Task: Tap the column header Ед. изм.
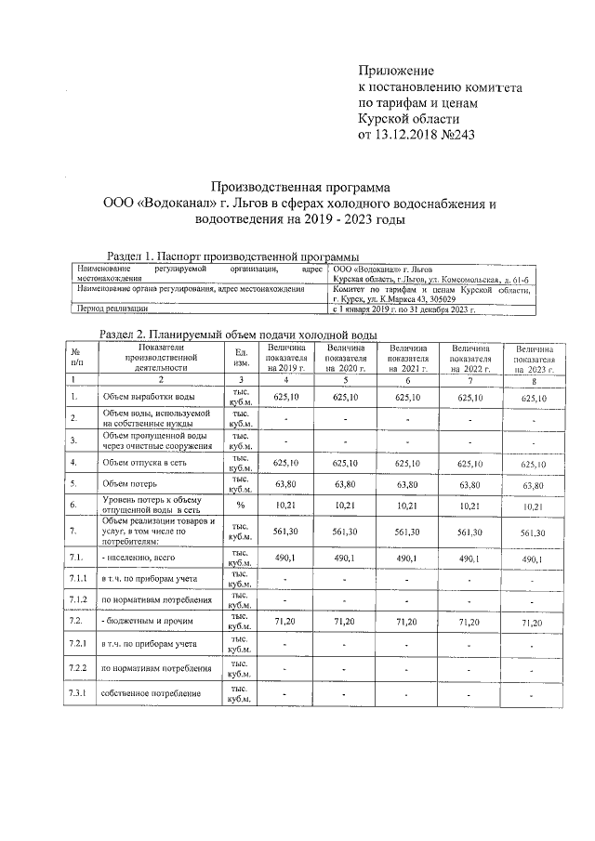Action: (241, 357)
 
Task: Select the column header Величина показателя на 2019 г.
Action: (285, 358)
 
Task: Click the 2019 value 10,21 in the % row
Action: (285, 505)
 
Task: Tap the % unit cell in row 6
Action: (241, 505)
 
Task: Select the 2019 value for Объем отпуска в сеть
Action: (285, 462)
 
